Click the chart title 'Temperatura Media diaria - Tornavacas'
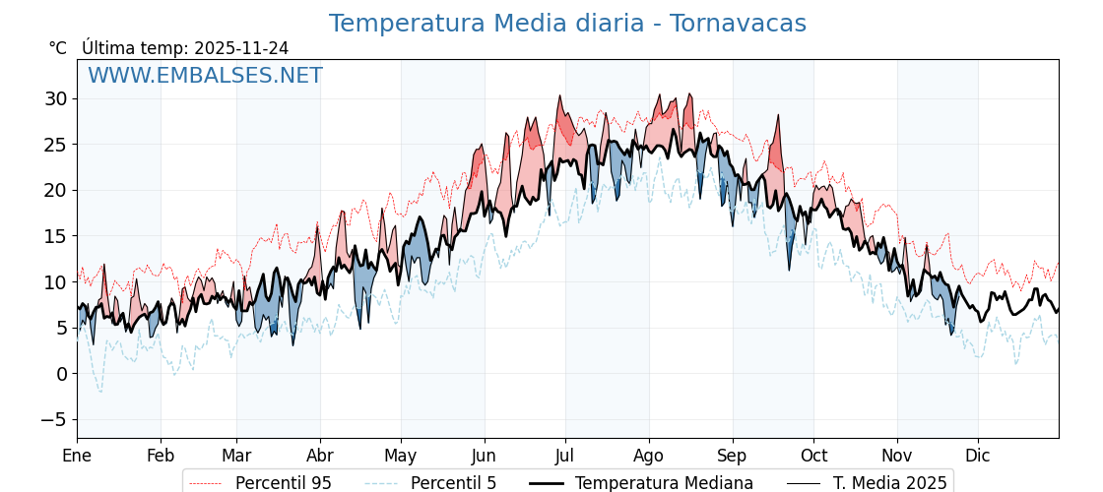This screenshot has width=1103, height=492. (567, 24)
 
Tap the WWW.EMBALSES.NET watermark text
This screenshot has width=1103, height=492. (205, 76)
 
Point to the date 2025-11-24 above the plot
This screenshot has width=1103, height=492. (241, 48)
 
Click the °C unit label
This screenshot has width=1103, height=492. (58, 48)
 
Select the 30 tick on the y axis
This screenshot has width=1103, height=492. (55, 98)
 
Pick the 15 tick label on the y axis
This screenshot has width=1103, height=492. (55, 236)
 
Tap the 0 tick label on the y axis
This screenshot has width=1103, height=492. (61, 374)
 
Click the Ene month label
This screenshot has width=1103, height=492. (77, 456)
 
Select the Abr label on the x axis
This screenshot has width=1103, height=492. (320, 456)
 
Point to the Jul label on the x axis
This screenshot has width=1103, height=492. (565, 456)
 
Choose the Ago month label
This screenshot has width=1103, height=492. (649, 456)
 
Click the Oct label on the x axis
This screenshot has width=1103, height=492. (813, 456)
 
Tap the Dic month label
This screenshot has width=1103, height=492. (978, 456)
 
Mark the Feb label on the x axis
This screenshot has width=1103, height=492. (161, 456)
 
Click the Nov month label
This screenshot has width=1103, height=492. (897, 456)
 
